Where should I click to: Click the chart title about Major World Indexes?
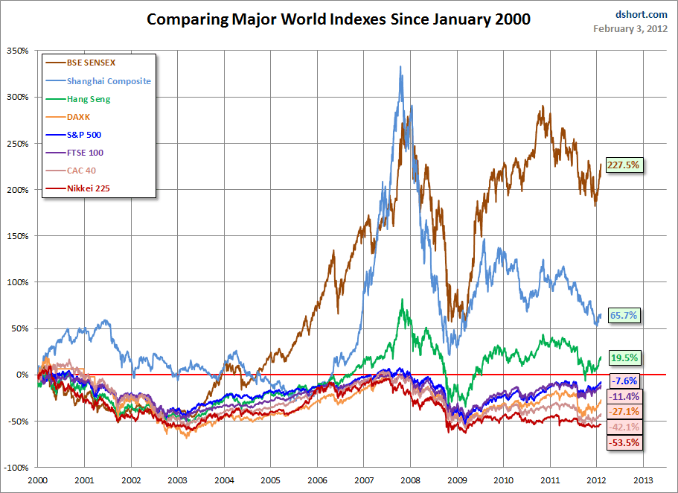(x=339, y=19)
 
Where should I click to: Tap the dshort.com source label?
(x=642, y=15)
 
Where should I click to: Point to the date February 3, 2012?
(x=630, y=29)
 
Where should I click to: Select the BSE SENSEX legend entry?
(x=81, y=63)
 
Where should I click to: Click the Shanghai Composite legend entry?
(x=98, y=81)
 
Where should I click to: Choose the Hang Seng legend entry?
(x=78, y=99)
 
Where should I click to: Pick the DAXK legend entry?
(x=68, y=117)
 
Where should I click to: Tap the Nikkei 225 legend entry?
(x=78, y=188)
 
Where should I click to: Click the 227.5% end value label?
(x=623, y=165)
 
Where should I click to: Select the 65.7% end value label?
(x=624, y=315)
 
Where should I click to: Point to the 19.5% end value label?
(x=624, y=357)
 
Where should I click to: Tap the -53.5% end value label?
(x=624, y=443)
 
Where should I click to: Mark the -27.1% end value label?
(x=624, y=412)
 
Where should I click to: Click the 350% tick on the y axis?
(x=18, y=51)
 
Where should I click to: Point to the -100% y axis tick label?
(x=16, y=468)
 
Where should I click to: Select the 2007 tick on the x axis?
(x=364, y=480)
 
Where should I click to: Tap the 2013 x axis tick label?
(x=644, y=480)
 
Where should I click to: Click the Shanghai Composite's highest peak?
(x=400, y=67)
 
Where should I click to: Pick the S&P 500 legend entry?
(x=74, y=135)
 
